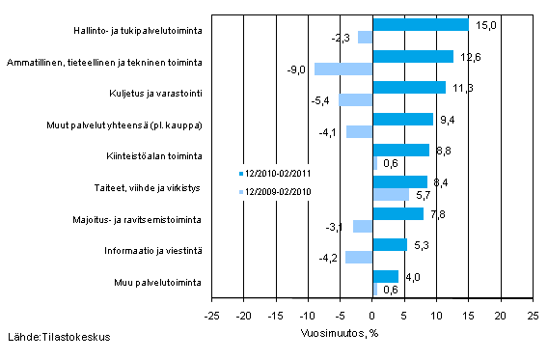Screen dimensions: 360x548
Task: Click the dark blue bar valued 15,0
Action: click(x=420, y=25)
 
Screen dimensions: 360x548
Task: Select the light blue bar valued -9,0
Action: click(x=343, y=69)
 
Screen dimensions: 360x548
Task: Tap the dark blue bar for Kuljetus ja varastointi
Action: click(x=409, y=88)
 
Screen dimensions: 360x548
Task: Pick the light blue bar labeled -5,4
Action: click(x=355, y=99)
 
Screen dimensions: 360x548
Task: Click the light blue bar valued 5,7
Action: click(x=391, y=194)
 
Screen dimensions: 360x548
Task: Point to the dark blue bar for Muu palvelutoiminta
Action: click(x=385, y=276)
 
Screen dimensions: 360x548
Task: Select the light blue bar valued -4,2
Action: click(x=359, y=257)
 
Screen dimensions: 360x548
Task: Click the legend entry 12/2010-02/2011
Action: click(x=275, y=174)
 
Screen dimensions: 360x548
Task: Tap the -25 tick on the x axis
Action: click(x=212, y=314)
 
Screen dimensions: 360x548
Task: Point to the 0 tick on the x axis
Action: click(x=372, y=314)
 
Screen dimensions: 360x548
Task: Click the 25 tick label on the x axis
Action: click(x=533, y=314)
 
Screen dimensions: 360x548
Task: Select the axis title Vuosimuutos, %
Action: click(x=339, y=329)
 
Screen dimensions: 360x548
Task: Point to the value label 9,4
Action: click(x=447, y=119)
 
